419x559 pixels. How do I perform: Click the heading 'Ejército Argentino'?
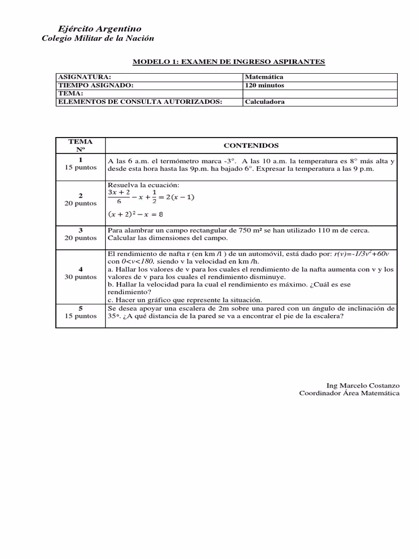99,28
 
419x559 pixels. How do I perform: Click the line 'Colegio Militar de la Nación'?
98,38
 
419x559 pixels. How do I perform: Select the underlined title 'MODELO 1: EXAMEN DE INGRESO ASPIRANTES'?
229,62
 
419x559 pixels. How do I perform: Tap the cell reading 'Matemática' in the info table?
264,78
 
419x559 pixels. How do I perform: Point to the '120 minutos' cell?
265,85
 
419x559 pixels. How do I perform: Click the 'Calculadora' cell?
265,102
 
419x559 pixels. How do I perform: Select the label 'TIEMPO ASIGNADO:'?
95,85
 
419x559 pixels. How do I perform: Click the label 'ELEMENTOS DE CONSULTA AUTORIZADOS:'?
140,102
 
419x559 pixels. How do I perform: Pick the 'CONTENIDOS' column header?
251,146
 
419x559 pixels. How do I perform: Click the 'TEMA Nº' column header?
80,145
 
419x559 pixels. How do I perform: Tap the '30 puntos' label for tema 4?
80,277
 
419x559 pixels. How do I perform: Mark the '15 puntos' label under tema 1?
80,167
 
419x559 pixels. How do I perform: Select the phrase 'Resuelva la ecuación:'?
140,186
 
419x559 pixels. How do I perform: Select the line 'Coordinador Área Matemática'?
349,393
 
